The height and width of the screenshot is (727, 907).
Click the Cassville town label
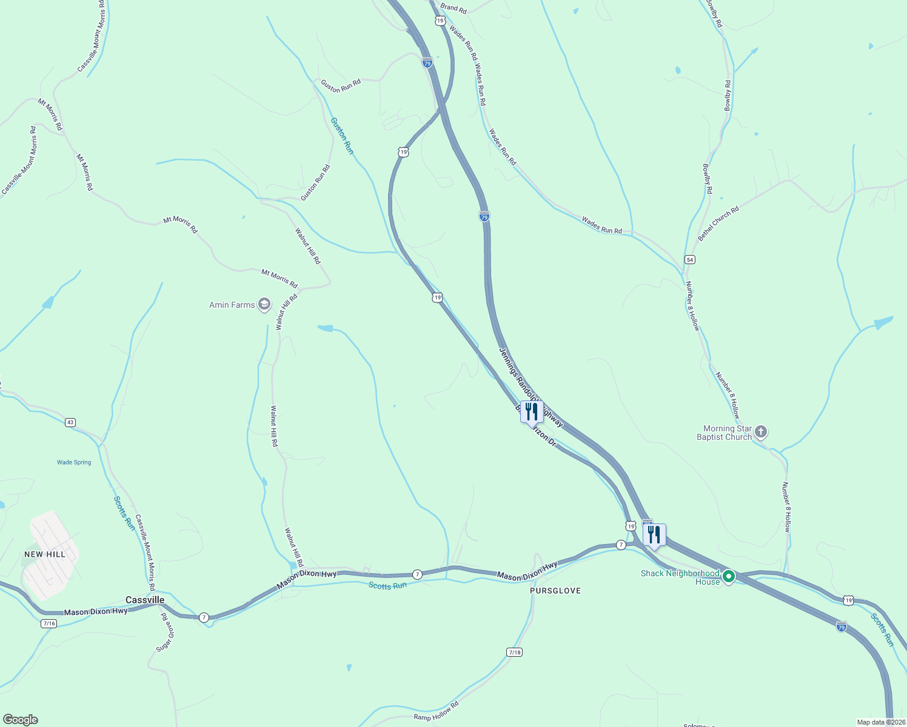pyautogui.click(x=145, y=600)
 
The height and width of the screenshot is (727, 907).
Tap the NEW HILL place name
pyautogui.click(x=45, y=554)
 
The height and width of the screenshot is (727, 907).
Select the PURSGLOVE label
pyautogui.click(x=555, y=591)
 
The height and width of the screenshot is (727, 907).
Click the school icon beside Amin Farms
pyautogui.click(x=264, y=304)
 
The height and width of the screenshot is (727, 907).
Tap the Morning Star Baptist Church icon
pyautogui.click(x=761, y=432)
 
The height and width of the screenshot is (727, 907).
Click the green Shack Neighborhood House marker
pyautogui.click(x=729, y=576)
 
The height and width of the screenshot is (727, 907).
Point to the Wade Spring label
pyautogui.click(x=74, y=462)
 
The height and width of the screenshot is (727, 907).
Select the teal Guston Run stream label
pyautogui.click(x=341, y=135)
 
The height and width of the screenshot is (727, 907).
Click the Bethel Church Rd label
pyautogui.click(x=718, y=224)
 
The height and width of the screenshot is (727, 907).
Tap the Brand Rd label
pyautogui.click(x=453, y=9)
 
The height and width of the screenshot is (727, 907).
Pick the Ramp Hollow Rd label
pyautogui.click(x=436, y=711)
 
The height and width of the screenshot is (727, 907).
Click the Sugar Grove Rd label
pyautogui.click(x=166, y=632)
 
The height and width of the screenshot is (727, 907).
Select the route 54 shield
pyautogui.click(x=690, y=259)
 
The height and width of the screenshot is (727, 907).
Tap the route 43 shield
pyautogui.click(x=70, y=422)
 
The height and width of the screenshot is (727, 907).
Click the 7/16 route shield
pyautogui.click(x=49, y=623)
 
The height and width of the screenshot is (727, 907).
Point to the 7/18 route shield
pyautogui.click(x=514, y=652)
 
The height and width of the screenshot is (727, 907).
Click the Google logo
pyautogui.click(x=20, y=720)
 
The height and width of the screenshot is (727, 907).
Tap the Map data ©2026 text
pyautogui.click(x=880, y=722)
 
